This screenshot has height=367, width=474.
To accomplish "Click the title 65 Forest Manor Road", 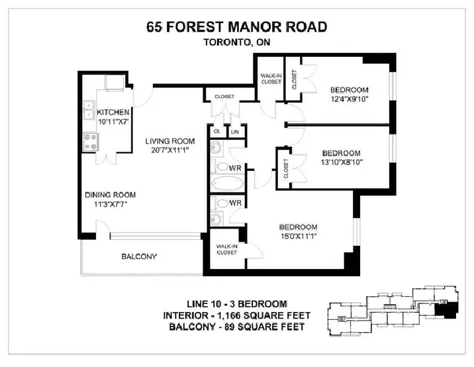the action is click(237, 27).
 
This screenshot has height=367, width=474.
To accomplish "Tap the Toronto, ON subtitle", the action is click(237, 42).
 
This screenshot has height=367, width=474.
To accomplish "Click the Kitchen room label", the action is click(113, 112).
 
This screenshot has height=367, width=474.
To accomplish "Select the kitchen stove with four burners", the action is click(91, 142).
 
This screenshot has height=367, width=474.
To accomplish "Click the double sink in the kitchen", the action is click(89, 110).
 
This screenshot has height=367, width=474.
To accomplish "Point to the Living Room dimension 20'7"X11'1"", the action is click(170, 150).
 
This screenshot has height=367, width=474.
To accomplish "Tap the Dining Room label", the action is click(111, 195).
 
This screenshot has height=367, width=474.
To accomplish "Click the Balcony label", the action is click(139, 256).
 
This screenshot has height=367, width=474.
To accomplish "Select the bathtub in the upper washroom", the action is click(227, 183).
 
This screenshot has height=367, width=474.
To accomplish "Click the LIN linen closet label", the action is click(235, 132).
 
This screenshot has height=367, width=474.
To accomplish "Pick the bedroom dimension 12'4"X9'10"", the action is click(350, 99).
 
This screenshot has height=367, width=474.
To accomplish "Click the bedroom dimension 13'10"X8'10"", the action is click(342, 162).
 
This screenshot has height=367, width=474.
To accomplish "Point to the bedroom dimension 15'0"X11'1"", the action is click(299, 236).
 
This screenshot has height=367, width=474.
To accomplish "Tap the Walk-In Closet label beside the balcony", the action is click(226, 250).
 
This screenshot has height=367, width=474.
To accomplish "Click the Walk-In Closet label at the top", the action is click(271, 79).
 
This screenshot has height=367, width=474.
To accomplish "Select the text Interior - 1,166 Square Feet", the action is click(237, 315).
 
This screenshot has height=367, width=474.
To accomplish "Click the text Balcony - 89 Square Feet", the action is click(237, 327).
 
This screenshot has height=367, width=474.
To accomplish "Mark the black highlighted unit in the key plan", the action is click(446, 311).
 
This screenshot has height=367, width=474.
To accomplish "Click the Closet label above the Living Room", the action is click(224, 97).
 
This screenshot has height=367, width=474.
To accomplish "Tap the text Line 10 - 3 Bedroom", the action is click(237, 304).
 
